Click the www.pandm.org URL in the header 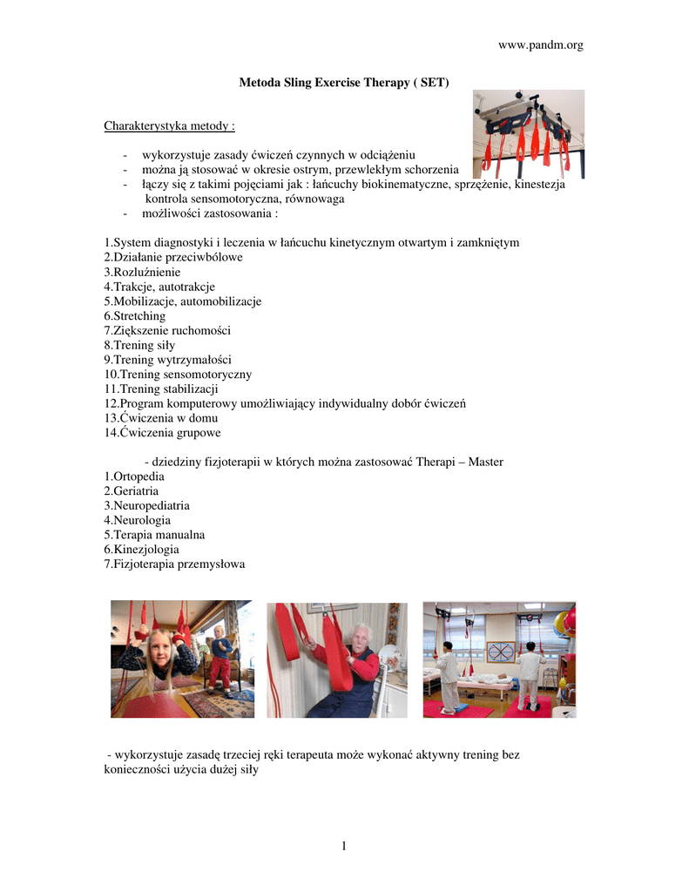coord(539,45)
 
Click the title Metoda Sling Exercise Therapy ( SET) coord(344,82)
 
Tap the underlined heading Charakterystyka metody coord(169,126)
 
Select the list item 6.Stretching coord(134,315)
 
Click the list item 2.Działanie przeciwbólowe coord(172,257)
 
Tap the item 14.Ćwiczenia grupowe coord(162,432)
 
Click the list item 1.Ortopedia coord(133,476)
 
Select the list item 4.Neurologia coord(138,520)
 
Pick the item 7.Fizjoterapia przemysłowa coord(174,564)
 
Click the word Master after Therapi coord(486,461)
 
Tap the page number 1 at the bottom coord(344,845)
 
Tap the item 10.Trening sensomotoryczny coord(178,374)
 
